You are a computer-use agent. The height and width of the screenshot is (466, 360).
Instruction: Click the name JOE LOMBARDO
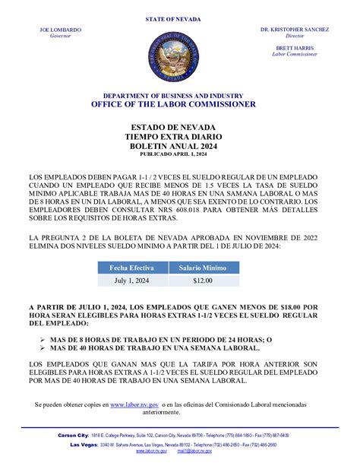60,30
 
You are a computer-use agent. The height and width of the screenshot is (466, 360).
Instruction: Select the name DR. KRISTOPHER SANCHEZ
294,30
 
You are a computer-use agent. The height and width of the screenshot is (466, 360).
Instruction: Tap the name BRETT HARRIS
294,48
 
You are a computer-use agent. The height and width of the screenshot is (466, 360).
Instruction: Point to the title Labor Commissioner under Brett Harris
294,54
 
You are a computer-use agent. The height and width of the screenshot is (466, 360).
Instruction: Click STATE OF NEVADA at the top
179,17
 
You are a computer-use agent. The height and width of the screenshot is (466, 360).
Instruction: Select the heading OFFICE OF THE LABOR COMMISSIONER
179,104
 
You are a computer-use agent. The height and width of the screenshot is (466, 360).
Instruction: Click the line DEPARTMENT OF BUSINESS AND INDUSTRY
179,95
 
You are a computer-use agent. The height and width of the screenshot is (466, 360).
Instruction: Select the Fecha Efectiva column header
132,268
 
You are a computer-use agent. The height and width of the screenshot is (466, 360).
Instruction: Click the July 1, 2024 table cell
132,281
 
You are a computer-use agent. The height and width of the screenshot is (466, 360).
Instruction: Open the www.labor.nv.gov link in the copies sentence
134,407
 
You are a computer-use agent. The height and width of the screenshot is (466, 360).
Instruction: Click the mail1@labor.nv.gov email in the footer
195,451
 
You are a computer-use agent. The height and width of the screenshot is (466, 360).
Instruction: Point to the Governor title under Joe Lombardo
60,36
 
